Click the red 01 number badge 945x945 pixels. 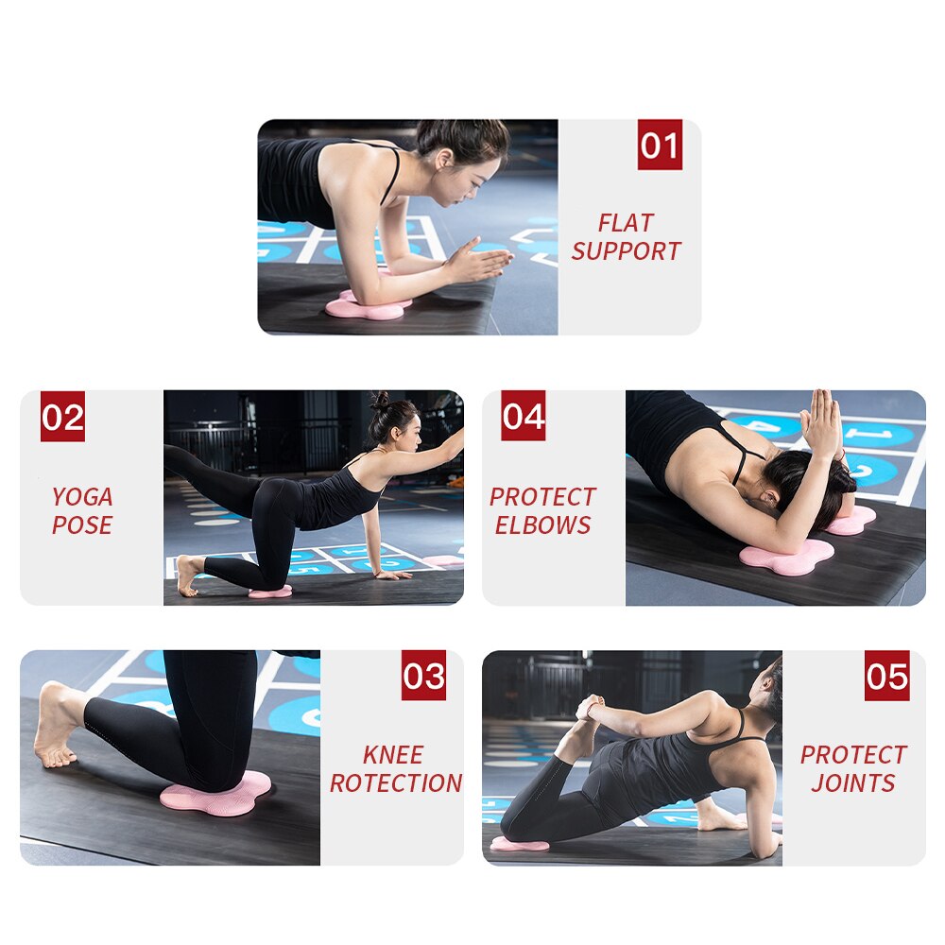point(660,147)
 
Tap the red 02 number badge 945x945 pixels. point(62,417)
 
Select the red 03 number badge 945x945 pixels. point(423,676)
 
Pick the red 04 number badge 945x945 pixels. point(524,417)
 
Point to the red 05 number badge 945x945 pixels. point(886,676)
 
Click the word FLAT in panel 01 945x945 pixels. point(626,223)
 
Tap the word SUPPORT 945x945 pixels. point(626,251)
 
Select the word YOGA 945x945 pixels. point(82,497)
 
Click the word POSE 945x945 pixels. point(82,525)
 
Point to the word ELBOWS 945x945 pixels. point(542,525)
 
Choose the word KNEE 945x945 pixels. point(393,755)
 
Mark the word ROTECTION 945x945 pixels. point(396,783)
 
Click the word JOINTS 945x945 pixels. point(853,783)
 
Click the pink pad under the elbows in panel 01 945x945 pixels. point(367,306)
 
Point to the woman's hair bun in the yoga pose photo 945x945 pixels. point(380,402)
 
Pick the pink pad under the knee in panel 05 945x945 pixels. point(519,843)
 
